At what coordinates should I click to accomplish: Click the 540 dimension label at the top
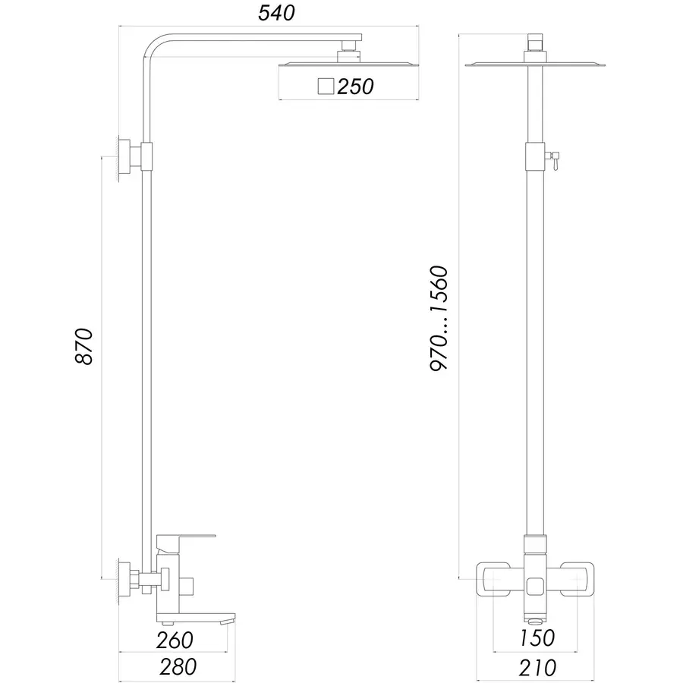coord(277,13)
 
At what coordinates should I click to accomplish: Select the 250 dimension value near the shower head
coord(355,87)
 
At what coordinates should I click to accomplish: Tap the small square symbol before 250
coord(326,87)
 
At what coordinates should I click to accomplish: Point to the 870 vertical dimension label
coord(84,346)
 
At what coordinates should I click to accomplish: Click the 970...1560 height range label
coord(440,319)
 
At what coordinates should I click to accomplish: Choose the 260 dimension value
coord(176,639)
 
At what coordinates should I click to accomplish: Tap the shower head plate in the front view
coord(536,65)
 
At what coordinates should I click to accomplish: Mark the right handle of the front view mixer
coord(576,581)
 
